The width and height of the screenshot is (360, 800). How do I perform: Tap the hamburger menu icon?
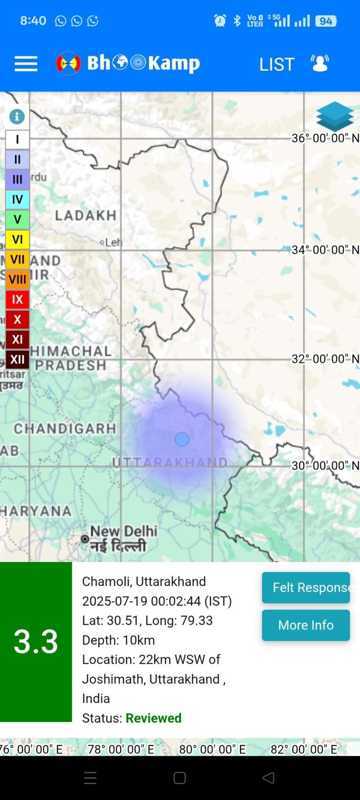(x=26, y=64)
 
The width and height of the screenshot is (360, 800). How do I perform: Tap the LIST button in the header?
(x=277, y=64)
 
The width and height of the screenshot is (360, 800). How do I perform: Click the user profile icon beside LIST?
(x=320, y=63)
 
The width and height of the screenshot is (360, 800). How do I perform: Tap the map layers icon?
(x=335, y=116)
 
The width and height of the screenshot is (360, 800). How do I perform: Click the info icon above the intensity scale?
(x=17, y=116)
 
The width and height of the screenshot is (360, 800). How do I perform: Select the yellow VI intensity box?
(x=17, y=239)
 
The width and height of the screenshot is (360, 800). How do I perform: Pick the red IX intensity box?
(x=17, y=299)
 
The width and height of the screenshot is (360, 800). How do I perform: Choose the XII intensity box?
(x=17, y=359)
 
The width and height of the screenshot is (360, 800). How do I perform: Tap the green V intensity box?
(x=17, y=219)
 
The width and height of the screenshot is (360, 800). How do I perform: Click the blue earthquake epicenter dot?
(x=182, y=439)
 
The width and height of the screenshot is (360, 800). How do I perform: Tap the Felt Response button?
(x=306, y=587)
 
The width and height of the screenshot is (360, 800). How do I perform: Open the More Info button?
(x=306, y=625)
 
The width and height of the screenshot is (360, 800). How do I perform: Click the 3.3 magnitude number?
(x=36, y=641)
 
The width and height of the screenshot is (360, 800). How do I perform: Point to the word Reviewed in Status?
(x=153, y=718)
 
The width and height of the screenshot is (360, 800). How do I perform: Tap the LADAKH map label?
(x=86, y=216)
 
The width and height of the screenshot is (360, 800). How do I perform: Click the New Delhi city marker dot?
(x=85, y=539)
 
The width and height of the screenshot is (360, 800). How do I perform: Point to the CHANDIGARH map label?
(x=65, y=428)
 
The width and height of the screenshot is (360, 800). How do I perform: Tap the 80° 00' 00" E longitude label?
(x=212, y=749)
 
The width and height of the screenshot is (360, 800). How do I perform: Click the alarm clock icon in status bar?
(x=220, y=21)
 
